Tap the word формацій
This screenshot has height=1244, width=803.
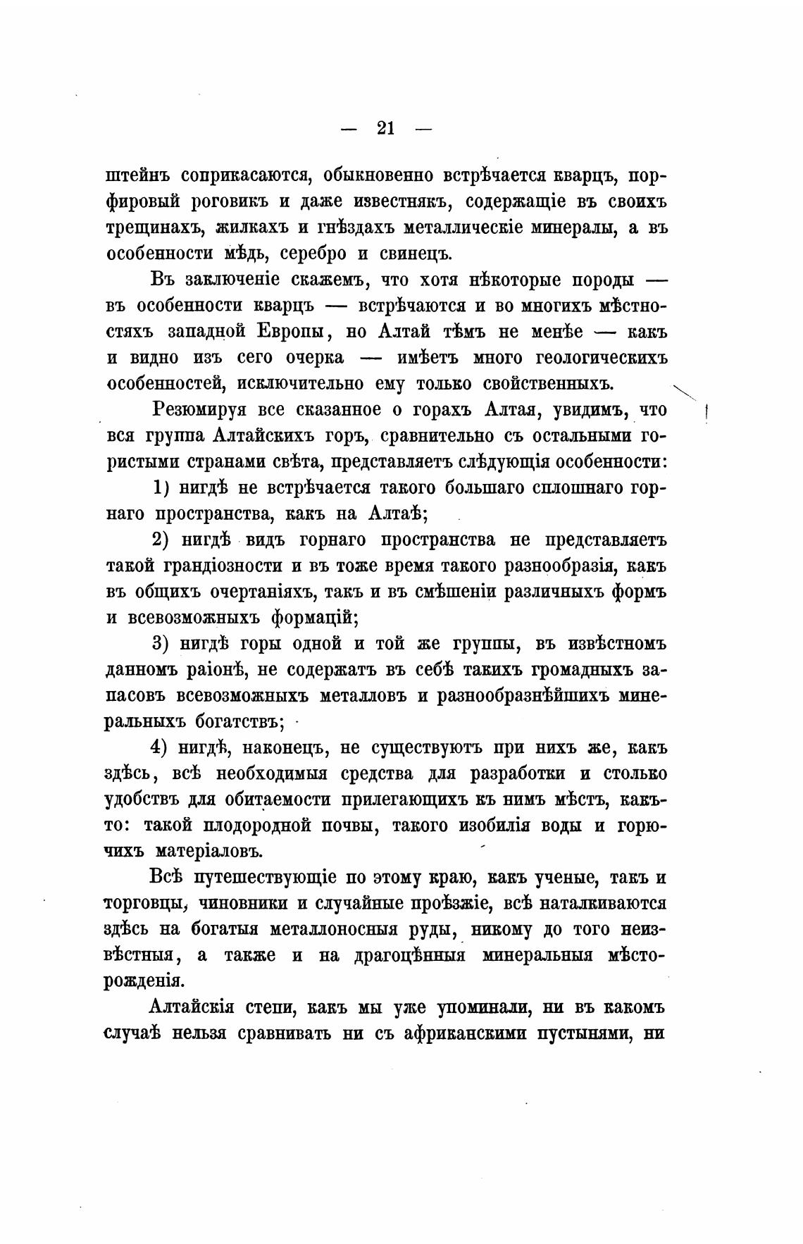(x=315, y=618)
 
